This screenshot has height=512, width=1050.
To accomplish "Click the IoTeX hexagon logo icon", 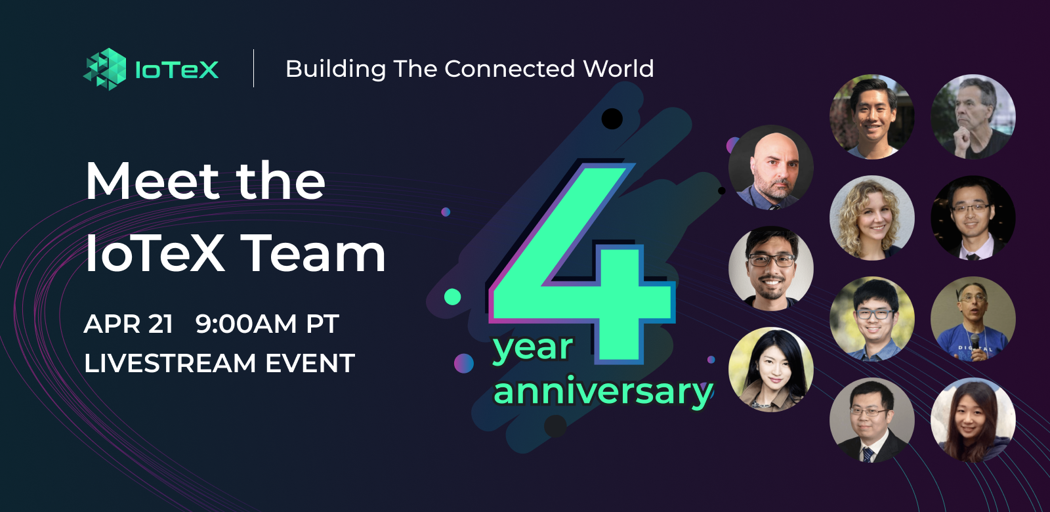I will coord(105,68).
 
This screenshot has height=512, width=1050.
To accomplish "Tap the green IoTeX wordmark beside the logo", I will coord(177,70).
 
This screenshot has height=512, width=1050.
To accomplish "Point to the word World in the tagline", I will coord(618,69).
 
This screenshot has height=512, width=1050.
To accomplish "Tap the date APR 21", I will coord(129,324).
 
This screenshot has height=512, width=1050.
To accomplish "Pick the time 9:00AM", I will coord(246,324).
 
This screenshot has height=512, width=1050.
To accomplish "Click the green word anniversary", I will coord(602,392).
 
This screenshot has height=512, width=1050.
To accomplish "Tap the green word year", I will coord(533,348).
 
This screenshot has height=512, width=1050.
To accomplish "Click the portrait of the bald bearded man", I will coord(771,167).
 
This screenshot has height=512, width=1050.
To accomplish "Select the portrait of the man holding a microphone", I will coord(973,319).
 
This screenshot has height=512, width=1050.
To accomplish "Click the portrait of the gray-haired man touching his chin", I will coord(973,117).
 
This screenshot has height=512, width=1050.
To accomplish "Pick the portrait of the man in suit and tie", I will coord(872,420).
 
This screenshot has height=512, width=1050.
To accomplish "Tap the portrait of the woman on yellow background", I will coord(771,370).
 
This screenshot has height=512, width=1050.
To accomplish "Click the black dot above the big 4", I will coord(612,119).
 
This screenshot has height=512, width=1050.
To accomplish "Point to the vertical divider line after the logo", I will coord(254,68).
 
